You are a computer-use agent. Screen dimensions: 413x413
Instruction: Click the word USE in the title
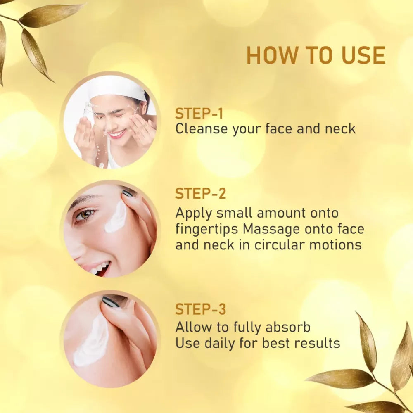[x=363, y=55]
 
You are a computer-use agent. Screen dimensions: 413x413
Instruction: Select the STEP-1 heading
[x=199, y=114]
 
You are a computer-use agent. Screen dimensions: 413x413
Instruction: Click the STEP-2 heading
[x=201, y=193]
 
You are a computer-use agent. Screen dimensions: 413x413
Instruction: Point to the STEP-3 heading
[x=201, y=309]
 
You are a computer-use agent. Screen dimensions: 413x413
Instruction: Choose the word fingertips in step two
[x=207, y=229]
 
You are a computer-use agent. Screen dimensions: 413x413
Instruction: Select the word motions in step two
[x=335, y=244]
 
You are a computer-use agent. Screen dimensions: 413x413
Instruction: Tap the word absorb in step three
[x=288, y=327]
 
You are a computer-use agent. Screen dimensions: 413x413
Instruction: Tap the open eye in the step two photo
[x=85, y=215]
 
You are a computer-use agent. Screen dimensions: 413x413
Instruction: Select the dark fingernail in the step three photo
[x=111, y=302]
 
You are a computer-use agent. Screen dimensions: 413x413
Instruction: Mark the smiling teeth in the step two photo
[x=100, y=268]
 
